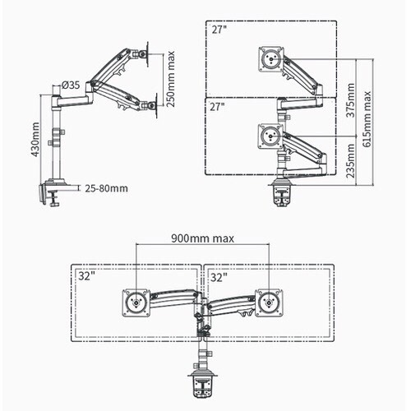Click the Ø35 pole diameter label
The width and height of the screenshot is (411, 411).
click(x=71, y=85)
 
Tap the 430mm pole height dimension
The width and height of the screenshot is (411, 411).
click(x=35, y=140)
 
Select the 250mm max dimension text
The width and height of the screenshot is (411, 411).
click(x=170, y=80)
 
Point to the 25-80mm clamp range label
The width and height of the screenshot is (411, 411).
click(x=106, y=188)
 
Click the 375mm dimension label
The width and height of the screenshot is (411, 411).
click(x=350, y=100)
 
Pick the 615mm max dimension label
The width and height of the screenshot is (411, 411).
click(x=367, y=119)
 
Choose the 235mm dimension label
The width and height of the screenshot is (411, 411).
click(x=350, y=161)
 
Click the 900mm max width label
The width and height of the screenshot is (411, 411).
click(x=203, y=238)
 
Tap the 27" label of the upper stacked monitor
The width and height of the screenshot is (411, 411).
click(x=219, y=30)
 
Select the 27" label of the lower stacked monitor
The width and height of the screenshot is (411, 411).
click(x=217, y=107)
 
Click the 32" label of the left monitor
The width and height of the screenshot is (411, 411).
click(x=87, y=276)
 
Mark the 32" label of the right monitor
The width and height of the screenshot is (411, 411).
click(x=219, y=278)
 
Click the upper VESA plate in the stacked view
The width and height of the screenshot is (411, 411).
click(x=271, y=59)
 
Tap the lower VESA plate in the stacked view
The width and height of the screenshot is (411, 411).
click(x=271, y=136)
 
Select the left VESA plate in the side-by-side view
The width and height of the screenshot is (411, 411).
click(x=136, y=303)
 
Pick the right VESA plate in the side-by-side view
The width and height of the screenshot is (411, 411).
click(x=269, y=303)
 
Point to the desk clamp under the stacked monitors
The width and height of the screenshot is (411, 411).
click(x=281, y=192)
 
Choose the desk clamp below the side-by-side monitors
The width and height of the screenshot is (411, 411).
click(x=203, y=384)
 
